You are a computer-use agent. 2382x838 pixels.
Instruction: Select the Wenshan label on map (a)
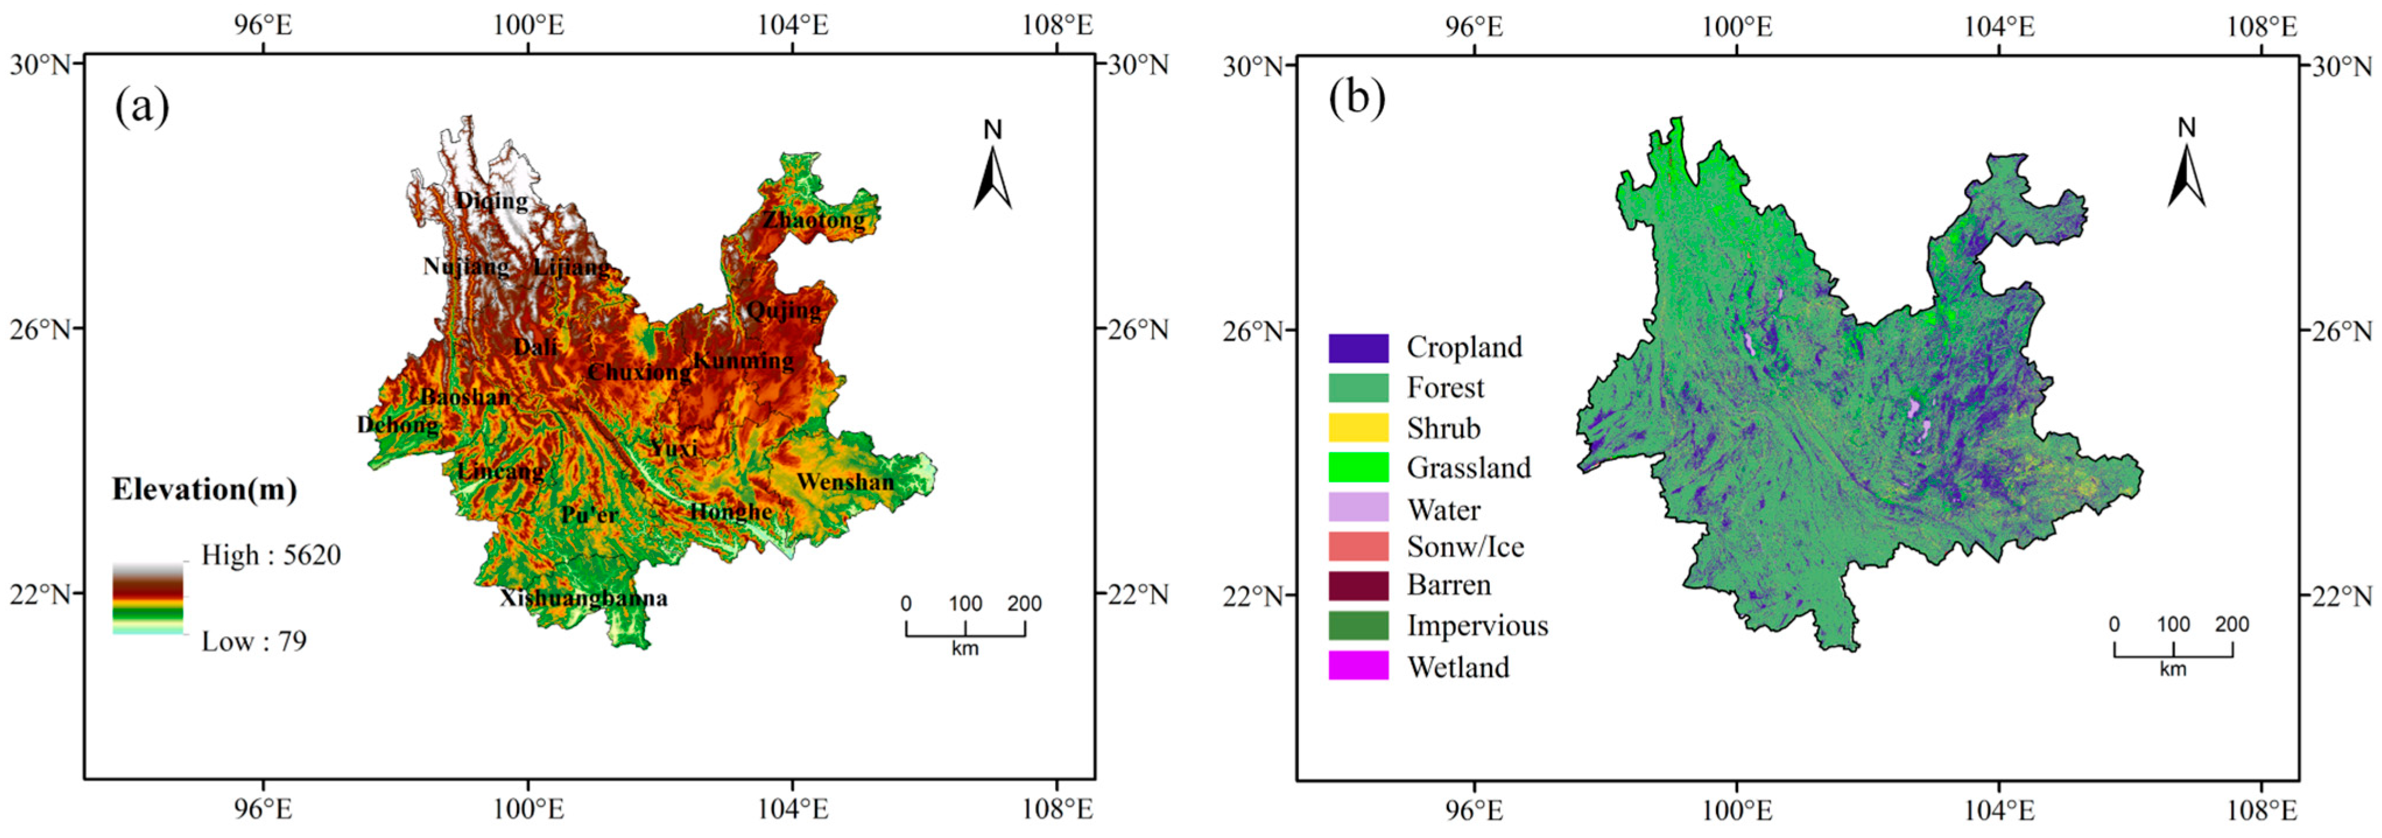pyautogui.click(x=845, y=482)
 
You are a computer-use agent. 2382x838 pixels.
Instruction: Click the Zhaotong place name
pyautogui.click(x=814, y=220)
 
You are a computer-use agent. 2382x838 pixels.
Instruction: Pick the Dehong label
pyautogui.click(x=397, y=425)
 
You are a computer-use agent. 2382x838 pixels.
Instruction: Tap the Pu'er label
pyautogui.click(x=589, y=514)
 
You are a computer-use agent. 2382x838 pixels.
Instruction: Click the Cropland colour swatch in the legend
pyautogui.click(x=1358, y=348)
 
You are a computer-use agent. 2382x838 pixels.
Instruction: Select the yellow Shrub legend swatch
pyautogui.click(x=1358, y=427)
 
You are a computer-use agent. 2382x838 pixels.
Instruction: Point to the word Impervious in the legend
pyautogui.click(x=1477, y=626)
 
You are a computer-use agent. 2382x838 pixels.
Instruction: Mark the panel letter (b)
pyautogui.click(x=1356, y=97)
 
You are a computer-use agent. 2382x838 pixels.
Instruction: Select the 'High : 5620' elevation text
pyautogui.click(x=271, y=555)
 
